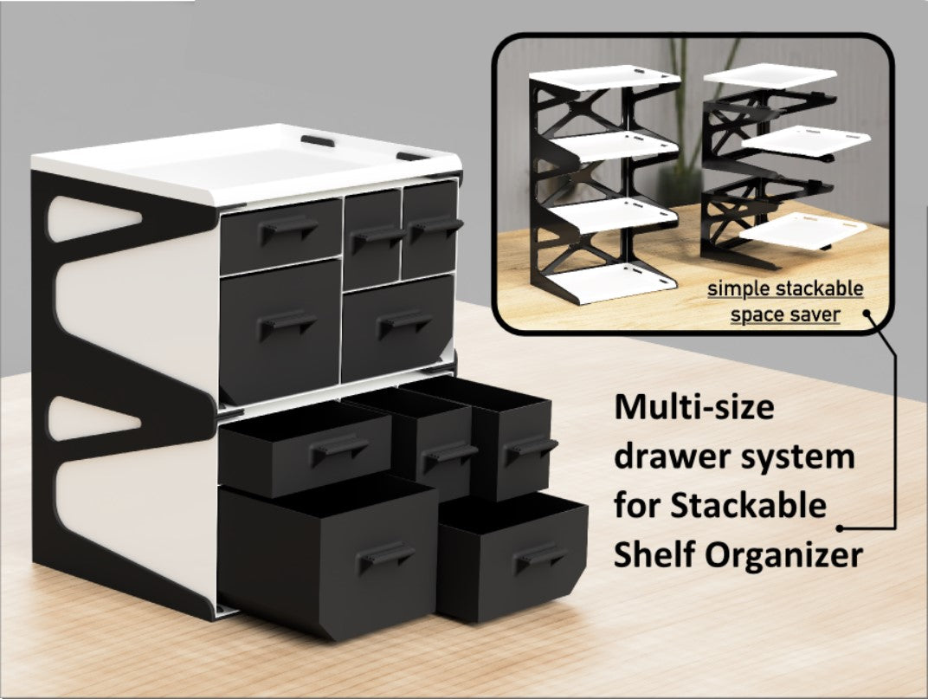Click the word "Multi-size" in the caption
click(x=693, y=408)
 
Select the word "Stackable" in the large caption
click(x=748, y=506)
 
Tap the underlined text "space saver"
click(x=785, y=314)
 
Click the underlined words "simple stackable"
click(x=785, y=289)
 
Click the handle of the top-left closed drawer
click(x=287, y=229)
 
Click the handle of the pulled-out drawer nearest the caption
click(x=540, y=559)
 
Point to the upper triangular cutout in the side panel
click(x=93, y=218)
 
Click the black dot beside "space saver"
click(x=867, y=314)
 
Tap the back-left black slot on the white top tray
click(x=318, y=141)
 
